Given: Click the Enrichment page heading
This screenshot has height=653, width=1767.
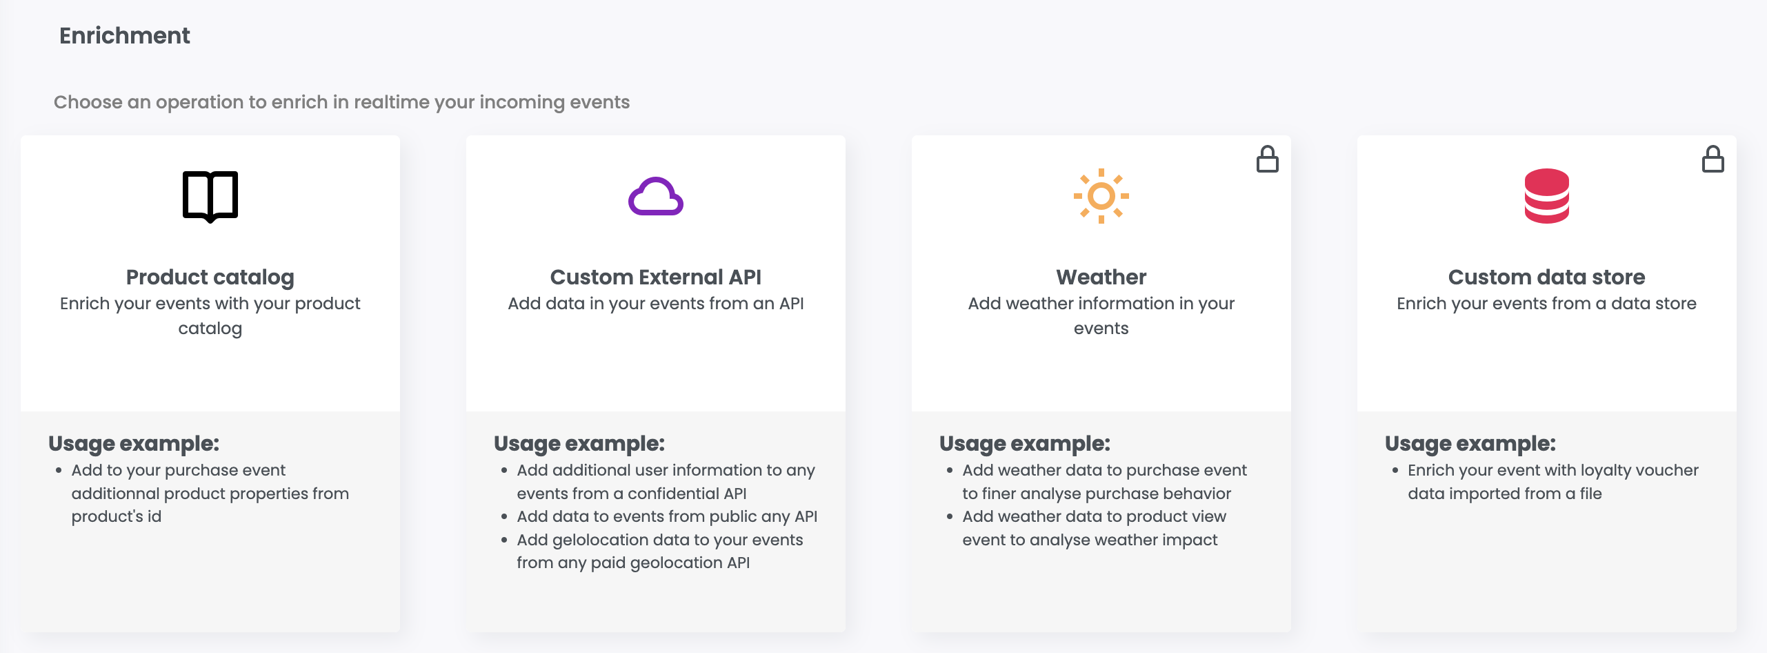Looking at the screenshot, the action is [x=124, y=35].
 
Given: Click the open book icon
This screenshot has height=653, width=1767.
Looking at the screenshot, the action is [x=210, y=197].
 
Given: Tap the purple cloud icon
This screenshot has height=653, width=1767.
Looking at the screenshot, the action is [x=656, y=197].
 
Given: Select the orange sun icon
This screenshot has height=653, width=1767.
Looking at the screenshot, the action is [x=1101, y=196].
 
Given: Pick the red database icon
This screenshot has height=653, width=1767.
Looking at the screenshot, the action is [x=1547, y=196].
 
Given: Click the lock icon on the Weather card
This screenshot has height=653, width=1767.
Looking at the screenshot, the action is [x=1268, y=159].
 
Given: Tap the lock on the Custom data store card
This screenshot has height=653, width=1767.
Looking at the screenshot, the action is [x=1713, y=159].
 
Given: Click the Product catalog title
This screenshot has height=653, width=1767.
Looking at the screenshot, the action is [x=210, y=277].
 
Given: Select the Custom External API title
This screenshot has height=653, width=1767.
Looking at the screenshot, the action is [x=656, y=277].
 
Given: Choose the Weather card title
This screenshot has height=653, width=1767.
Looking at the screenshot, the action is [x=1101, y=277].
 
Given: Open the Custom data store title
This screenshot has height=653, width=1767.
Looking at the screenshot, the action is [x=1547, y=277].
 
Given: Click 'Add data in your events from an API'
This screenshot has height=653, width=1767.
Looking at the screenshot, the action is [x=656, y=304].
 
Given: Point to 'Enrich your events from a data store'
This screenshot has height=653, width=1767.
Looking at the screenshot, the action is [x=1547, y=304].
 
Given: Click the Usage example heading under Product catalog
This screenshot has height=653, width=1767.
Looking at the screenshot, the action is [x=134, y=444].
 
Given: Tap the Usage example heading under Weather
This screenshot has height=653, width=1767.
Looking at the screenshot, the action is [x=1025, y=444].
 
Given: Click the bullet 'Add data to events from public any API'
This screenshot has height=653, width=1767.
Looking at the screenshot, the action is [x=667, y=516].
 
